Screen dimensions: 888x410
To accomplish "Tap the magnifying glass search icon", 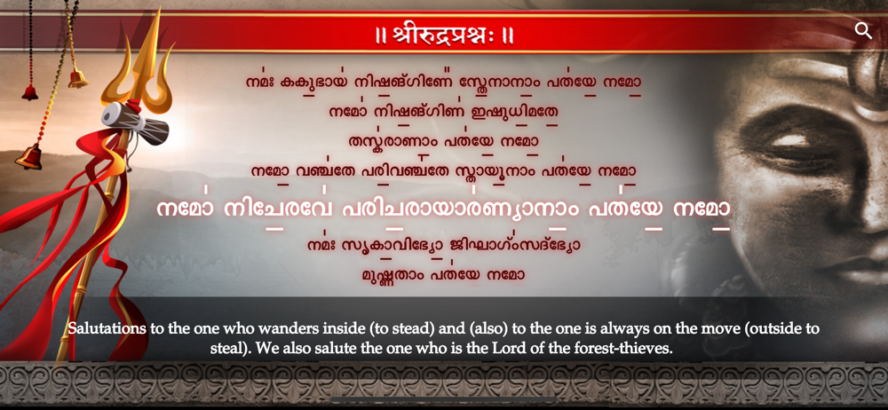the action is point(863,30).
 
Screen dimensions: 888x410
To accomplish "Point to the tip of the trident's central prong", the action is point(158,8).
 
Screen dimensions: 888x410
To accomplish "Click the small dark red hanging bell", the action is point(30,92).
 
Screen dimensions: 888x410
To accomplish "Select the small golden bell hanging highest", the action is point(77,78).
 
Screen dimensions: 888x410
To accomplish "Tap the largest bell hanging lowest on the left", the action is point(29,156).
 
